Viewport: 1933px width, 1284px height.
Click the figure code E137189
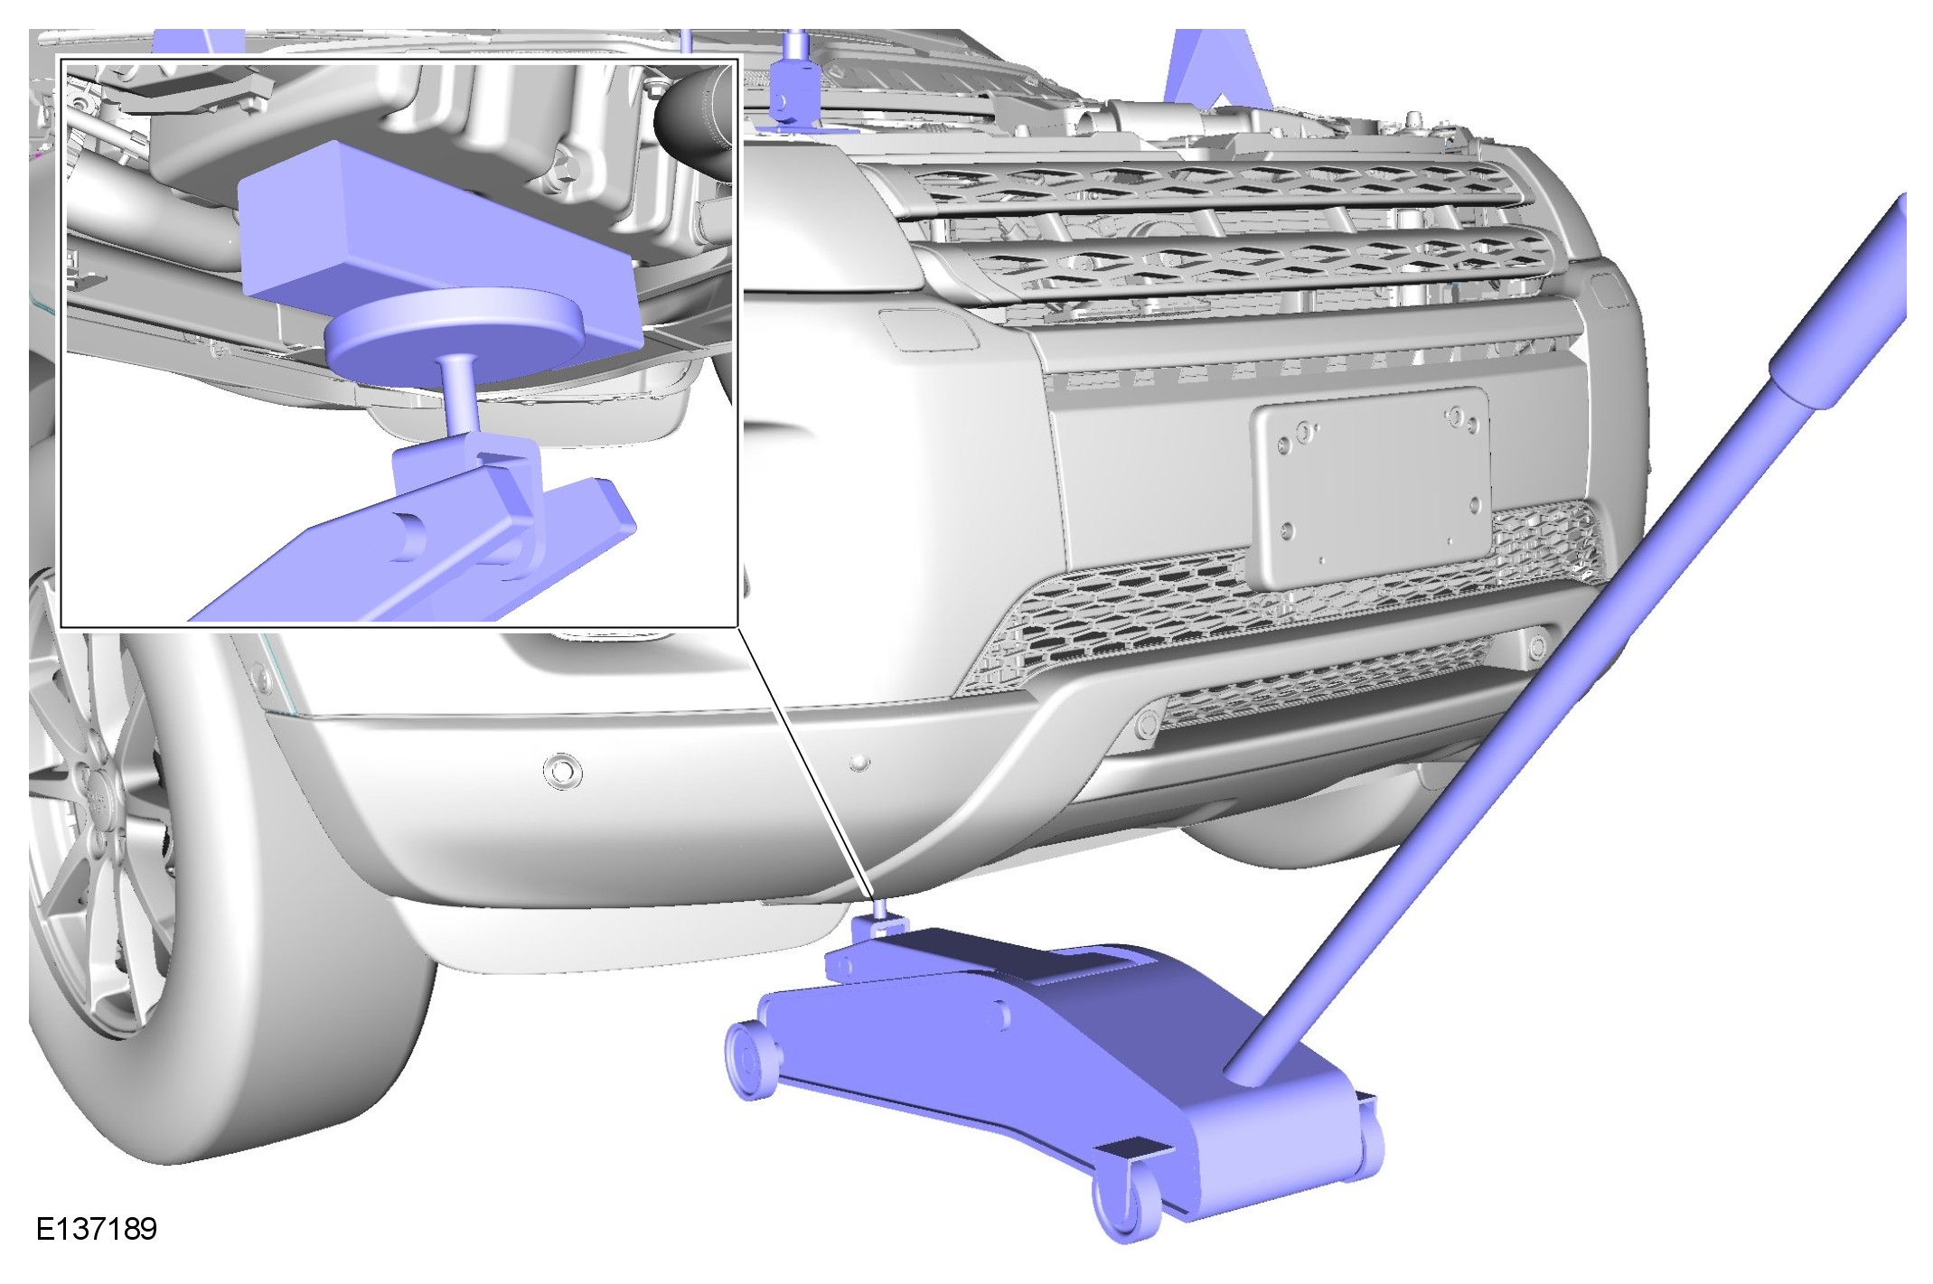tap(96, 1229)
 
